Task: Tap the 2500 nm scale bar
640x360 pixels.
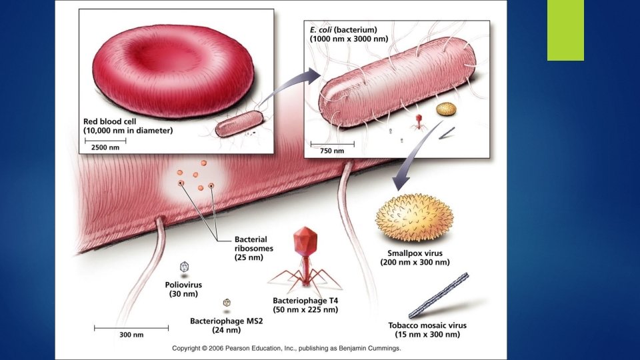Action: click(x=105, y=141)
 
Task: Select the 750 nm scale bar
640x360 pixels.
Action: click(x=332, y=144)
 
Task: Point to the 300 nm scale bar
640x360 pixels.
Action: click(x=131, y=328)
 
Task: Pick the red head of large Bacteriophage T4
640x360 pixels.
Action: click(x=305, y=240)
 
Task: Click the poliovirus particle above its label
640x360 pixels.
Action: click(x=185, y=267)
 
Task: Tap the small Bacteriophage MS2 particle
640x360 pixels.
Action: click(x=227, y=303)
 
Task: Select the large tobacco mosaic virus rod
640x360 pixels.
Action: click(x=439, y=295)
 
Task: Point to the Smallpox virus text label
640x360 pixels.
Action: click(x=415, y=253)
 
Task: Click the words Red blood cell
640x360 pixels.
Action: click(x=109, y=121)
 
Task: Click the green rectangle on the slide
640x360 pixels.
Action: click(x=565, y=30)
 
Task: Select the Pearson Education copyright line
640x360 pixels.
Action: click(x=286, y=348)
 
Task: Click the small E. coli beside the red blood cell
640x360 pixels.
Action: click(x=239, y=123)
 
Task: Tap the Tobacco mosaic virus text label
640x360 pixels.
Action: click(x=427, y=325)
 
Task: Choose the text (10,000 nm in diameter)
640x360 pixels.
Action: click(x=128, y=131)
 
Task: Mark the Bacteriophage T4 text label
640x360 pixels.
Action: click(x=305, y=301)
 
